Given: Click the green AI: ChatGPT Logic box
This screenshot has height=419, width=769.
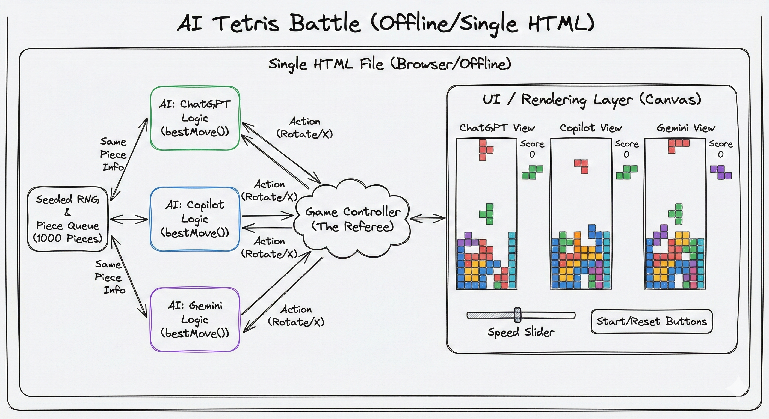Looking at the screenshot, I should tap(195, 118).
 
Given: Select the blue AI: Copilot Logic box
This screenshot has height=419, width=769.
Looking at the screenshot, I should tap(195, 219).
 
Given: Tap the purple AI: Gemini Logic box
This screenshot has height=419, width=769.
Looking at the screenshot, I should tap(195, 319).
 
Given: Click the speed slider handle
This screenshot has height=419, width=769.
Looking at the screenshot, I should tap(518, 315).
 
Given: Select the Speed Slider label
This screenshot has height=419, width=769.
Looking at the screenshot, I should tap(521, 332).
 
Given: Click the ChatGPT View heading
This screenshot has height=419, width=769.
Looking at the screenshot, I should tap(497, 128).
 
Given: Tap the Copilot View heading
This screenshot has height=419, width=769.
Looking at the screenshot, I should tap(591, 128).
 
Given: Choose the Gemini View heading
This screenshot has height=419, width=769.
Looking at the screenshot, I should tap(686, 128).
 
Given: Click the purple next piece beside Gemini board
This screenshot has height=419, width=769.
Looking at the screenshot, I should tap(721, 172).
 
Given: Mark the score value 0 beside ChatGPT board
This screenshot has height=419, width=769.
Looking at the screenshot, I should tap(532, 154).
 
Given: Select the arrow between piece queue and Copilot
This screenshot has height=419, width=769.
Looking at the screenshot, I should tap(129, 219).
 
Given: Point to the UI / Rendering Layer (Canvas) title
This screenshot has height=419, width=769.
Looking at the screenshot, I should tap(592, 100).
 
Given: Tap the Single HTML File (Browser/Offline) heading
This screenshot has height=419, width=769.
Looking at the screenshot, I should tap(390, 64).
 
